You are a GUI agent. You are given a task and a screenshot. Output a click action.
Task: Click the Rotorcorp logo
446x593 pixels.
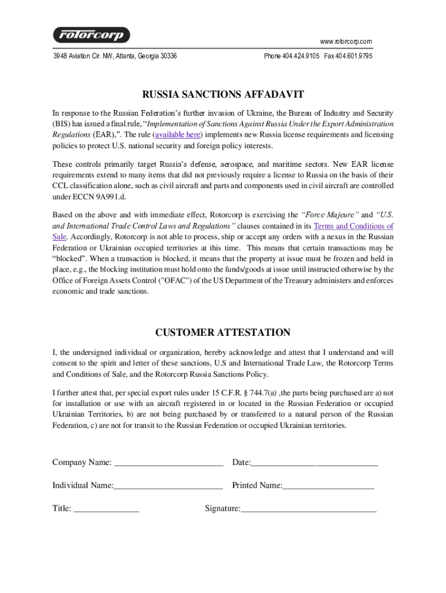click(x=92, y=35)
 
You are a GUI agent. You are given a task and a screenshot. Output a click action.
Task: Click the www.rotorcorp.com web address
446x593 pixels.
click(x=346, y=41)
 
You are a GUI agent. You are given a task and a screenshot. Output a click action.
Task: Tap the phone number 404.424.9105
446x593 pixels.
click(x=301, y=56)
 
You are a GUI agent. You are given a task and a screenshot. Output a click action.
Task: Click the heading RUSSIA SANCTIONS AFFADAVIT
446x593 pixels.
click(x=223, y=94)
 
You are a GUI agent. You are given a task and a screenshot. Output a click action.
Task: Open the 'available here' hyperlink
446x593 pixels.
click(x=177, y=134)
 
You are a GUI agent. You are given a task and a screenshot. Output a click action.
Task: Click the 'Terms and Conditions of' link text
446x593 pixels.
click(x=353, y=226)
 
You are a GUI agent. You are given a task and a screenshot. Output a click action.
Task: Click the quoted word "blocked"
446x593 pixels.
click(x=69, y=258)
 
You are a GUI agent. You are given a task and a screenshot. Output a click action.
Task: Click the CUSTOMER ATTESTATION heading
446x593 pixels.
click(x=223, y=332)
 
